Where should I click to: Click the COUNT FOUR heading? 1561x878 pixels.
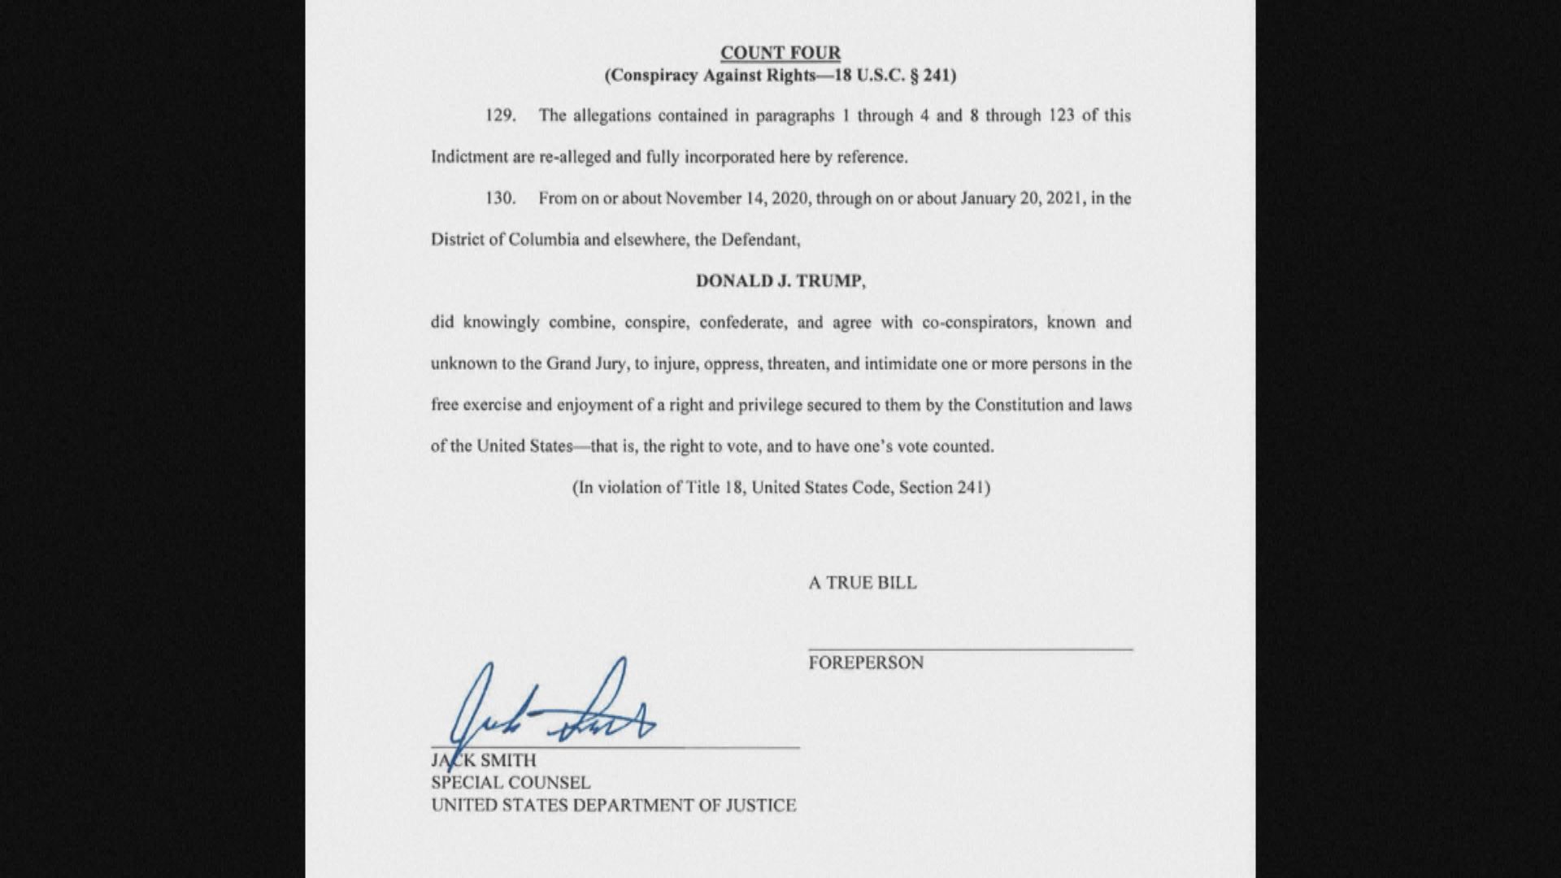pyautogui.click(x=780, y=53)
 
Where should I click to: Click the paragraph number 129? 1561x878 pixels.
pyautogui.click(x=500, y=115)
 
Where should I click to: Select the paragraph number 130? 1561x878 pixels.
pyautogui.click(x=500, y=198)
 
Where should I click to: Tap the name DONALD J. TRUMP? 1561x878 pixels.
pyautogui.click(x=780, y=281)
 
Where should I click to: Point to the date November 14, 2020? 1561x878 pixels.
pyautogui.click(x=737, y=198)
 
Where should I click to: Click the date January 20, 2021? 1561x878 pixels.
pyautogui.click(x=1021, y=198)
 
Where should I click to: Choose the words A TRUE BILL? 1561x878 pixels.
pyautogui.click(x=862, y=583)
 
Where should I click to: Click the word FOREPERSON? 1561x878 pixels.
pyautogui.click(x=866, y=663)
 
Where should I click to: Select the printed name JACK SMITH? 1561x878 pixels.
pyautogui.click(x=484, y=761)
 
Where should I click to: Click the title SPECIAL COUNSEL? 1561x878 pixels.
pyautogui.click(x=511, y=783)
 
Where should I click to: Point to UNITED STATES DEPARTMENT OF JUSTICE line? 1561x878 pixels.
pyautogui.click(x=613, y=806)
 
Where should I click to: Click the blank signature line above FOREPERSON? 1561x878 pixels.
pyautogui.click(x=970, y=649)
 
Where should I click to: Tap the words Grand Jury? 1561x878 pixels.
pyautogui.click(x=586, y=363)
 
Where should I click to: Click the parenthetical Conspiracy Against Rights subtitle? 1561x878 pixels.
pyautogui.click(x=780, y=76)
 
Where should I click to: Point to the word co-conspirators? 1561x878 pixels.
pyautogui.click(x=978, y=323)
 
